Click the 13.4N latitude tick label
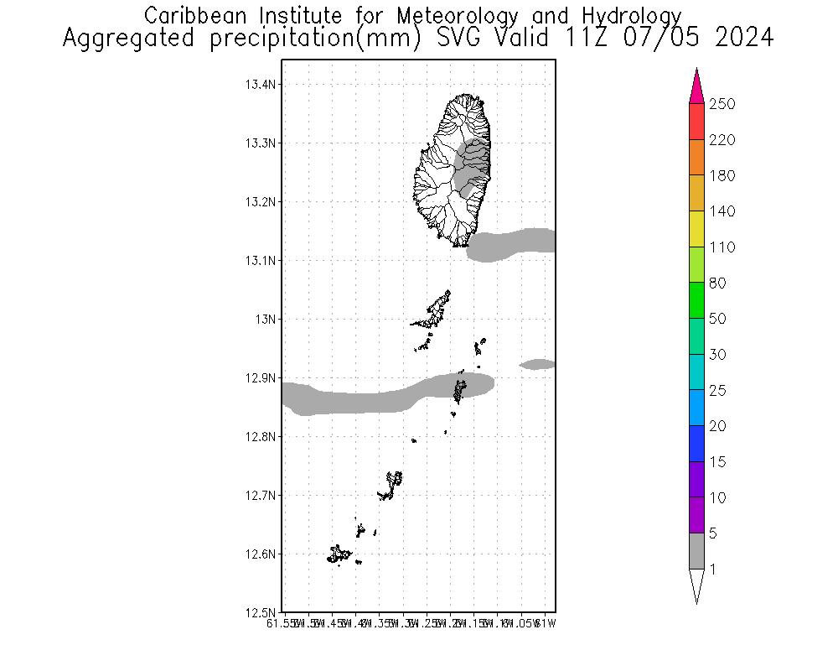click(259, 85)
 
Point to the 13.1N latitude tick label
click(259, 261)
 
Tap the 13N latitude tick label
click(265, 320)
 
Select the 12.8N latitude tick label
click(259, 437)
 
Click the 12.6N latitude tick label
click(259, 554)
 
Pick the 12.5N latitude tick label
click(259, 613)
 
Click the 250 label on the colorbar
click(722, 104)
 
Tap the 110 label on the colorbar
click(722, 247)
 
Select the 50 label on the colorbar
click(718, 319)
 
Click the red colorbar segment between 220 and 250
click(696, 121)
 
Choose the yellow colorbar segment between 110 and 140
click(696, 228)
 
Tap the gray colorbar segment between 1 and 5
click(696, 551)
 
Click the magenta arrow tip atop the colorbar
click(696, 84)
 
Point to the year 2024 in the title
click(743, 39)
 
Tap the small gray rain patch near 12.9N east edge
click(537, 364)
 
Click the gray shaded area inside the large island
click(470, 168)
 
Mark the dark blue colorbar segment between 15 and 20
click(696, 444)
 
